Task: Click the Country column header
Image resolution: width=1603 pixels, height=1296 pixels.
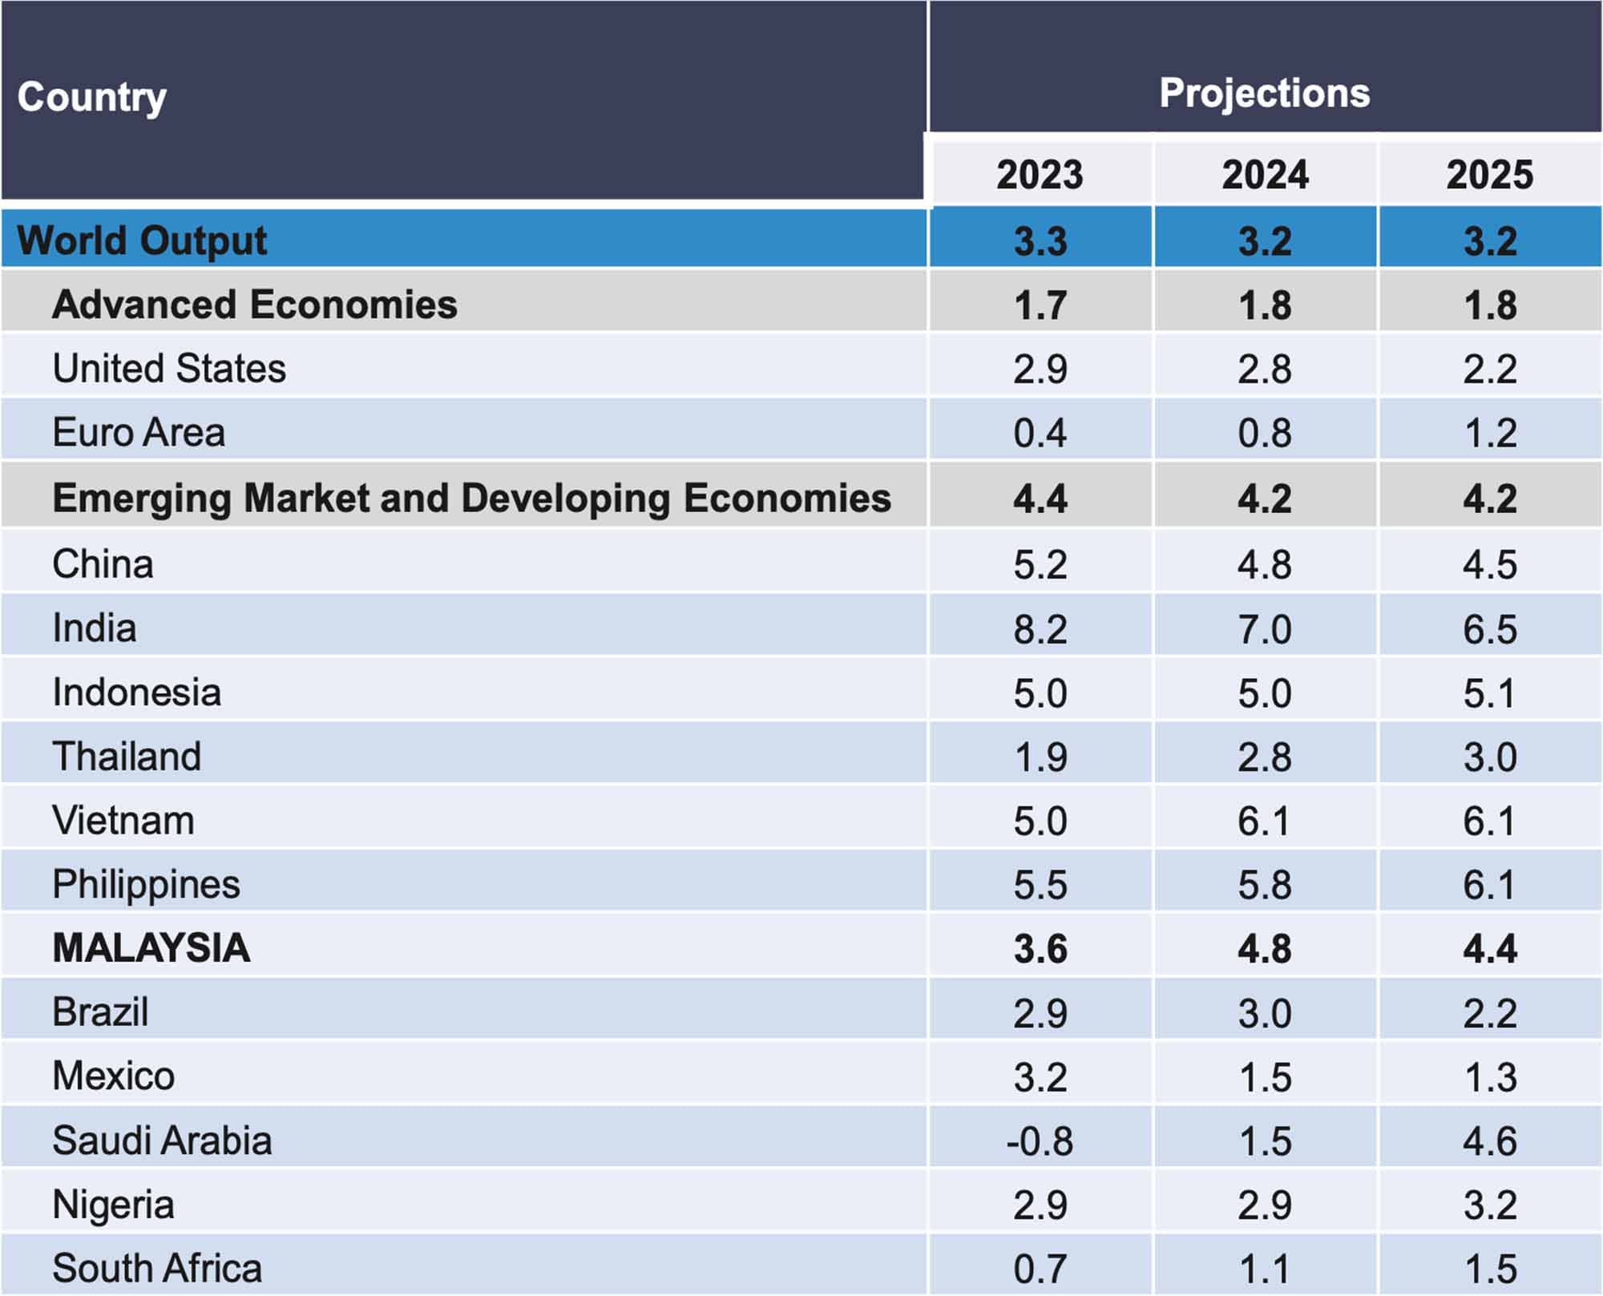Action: pyautogui.click(x=92, y=98)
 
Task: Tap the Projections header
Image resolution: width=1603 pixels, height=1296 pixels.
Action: pyautogui.click(x=1264, y=93)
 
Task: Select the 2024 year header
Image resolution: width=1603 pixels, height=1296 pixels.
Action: pyautogui.click(x=1265, y=175)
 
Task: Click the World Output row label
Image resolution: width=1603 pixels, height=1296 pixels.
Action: pyautogui.click(x=142, y=240)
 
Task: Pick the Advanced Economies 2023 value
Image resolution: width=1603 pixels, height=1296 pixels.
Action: pyautogui.click(x=1040, y=305)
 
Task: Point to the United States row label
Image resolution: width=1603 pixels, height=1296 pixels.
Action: pyautogui.click(x=169, y=369)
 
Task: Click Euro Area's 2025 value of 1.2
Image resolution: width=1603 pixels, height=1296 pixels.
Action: pyautogui.click(x=1489, y=434)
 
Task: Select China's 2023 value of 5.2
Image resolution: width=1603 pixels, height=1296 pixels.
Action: pyautogui.click(x=1040, y=564)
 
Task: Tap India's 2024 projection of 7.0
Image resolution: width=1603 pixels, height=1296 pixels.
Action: pyautogui.click(x=1265, y=629)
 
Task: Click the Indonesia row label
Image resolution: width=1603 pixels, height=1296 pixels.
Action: pyautogui.click(x=137, y=692)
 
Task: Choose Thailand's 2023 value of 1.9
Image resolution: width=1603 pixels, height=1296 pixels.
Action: pyautogui.click(x=1040, y=757)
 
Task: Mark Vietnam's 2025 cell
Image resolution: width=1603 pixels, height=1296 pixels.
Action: pyautogui.click(x=1489, y=822)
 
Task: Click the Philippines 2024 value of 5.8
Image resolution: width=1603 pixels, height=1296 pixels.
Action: pyautogui.click(x=1265, y=886)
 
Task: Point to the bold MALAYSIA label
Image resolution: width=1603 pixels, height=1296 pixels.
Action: pyautogui.click(x=151, y=948)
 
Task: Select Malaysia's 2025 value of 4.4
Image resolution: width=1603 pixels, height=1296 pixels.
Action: pyautogui.click(x=1489, y=949)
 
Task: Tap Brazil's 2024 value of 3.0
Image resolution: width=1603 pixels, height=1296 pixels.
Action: pyautogui.click(x=1265, y=1013)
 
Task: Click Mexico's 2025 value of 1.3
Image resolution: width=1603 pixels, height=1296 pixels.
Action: pyautogui.click(x=1489, y=1077)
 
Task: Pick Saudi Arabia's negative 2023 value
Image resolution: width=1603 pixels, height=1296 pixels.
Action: pyautogui.click(x=1040, y=1141)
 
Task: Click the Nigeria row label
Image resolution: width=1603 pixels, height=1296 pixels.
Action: pyautogui.click(x=113, y=1205)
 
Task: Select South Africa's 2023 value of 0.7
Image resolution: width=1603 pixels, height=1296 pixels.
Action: pyautogui.click(x=1040, y=1269)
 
